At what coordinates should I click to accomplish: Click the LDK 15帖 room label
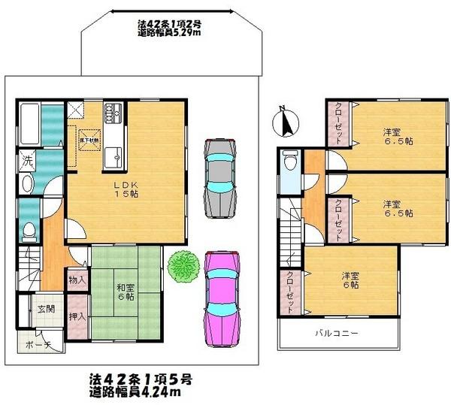pyautogui.click(x=126, y=188)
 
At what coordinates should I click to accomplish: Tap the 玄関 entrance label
pyautogui.click(x=47, y=309)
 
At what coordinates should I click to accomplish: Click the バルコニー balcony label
pyautogui.click(x=330, y=332)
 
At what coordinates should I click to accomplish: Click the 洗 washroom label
pyautogui.click(x=26, y=160)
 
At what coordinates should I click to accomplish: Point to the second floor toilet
pyautogui.click(x=290, y=163)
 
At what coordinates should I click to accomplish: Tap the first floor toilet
pyautogui.click(x=28, y=229)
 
